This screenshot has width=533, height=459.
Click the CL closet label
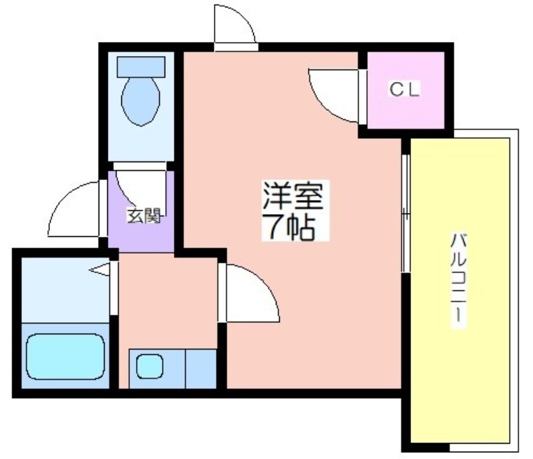click(x=404, y=89)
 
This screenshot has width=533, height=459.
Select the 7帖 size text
click(x=290, y=227)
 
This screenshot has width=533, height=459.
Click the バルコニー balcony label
click(x=458, y=277)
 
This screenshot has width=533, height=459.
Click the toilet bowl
click(x=141, y=101)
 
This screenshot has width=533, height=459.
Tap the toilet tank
click(x=141, y=67)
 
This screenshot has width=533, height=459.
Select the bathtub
click(x=65, y=356)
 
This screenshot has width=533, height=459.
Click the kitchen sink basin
click(x=149, y=366)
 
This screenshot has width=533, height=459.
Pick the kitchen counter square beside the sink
click(x=201, y=369)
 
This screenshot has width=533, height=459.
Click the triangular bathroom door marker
click(x=99, y=270)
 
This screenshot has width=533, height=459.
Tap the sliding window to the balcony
click(x=406, y=213)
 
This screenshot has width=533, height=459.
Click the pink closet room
click(x=406, y=90)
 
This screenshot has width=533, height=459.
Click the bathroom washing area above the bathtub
click(x=65, y=290)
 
